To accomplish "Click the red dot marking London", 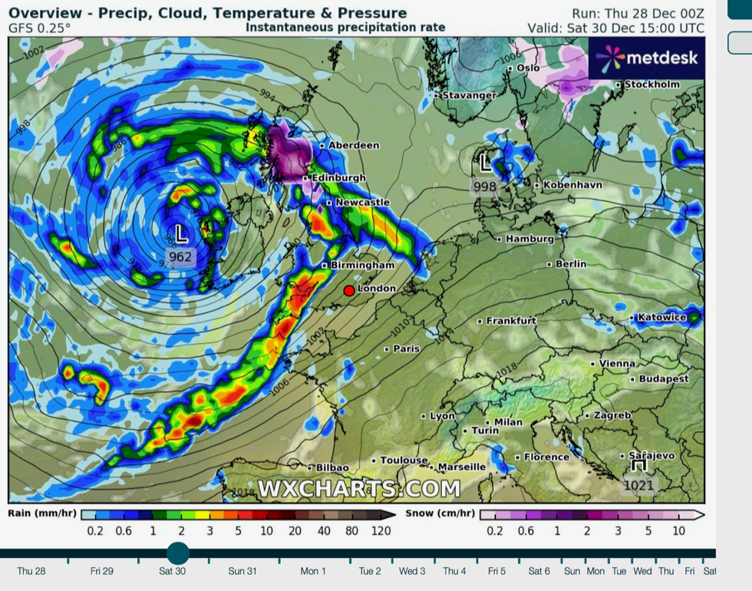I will coord(349,290).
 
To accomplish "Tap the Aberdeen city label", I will coord(354,145).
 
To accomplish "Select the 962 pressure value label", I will coord(180,256).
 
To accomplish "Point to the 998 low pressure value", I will coord(485,187).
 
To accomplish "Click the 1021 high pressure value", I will coord(638,484).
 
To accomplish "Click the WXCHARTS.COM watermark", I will coord(359,488).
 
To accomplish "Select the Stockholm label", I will coord(651,84).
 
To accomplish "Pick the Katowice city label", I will coord(662,317).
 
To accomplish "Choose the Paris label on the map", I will coord(406,348).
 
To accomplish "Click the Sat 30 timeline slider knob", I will coord(177,553).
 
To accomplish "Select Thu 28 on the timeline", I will coord(31,571).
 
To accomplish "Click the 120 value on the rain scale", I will coord(380,530).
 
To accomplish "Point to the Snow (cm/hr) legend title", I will coord(440,513).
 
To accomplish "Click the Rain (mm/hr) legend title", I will coord(41,513).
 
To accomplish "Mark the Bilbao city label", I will coord(332,467).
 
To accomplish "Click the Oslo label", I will coord(528,68).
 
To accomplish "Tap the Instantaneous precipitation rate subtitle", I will coord(345,27).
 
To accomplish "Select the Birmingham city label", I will coord(361,265).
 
